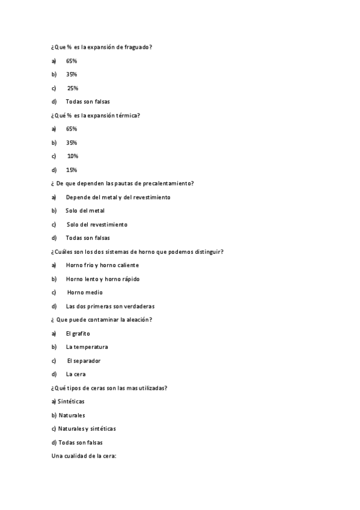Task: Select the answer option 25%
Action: click(72, 88)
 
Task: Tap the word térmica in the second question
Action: click(126, 115)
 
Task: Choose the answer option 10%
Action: click(72, 156)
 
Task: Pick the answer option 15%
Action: click(72, 170)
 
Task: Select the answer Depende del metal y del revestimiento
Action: click(118, 197)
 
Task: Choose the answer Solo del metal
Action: click(85, 210)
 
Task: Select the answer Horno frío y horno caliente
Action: click(102, 265)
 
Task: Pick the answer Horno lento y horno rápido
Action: click(103, 278)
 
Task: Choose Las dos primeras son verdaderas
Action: click(110, 306)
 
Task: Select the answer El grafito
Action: click(78, 333)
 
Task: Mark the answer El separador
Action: click(84, 361)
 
